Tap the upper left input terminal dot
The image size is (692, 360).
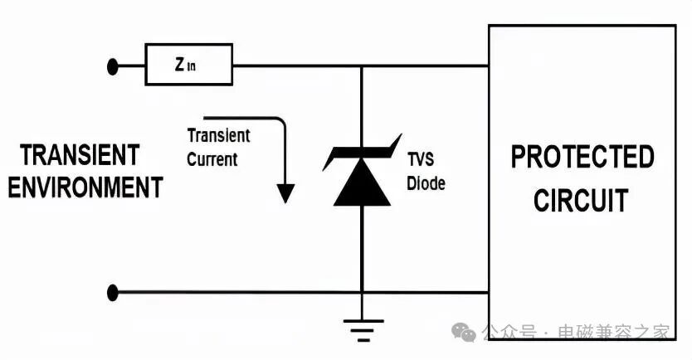[x=114, y=66]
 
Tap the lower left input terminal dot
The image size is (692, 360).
[x=114, y=292]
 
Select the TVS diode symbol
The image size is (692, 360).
[x=362, y=175]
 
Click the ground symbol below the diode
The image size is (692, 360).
[x=362, y=328]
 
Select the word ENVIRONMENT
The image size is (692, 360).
[x=85, y=187]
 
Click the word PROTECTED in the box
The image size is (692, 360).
[x=582, y=157]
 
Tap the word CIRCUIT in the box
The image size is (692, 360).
[x=581, y=200]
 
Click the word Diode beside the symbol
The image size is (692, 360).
[x=426, y=183]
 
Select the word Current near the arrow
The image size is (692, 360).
[x=212, y=159]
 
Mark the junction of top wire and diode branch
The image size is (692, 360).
[x=362, y=66]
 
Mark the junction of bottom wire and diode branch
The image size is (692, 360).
[x=362, y=292]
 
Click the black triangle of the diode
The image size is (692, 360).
[x=362, y=186]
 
